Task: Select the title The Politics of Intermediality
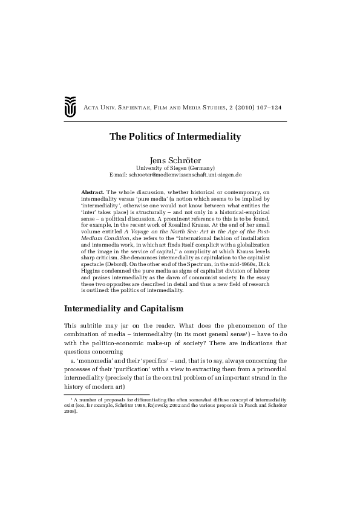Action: pos(175,136)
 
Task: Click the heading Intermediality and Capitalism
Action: pos(124,310)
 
